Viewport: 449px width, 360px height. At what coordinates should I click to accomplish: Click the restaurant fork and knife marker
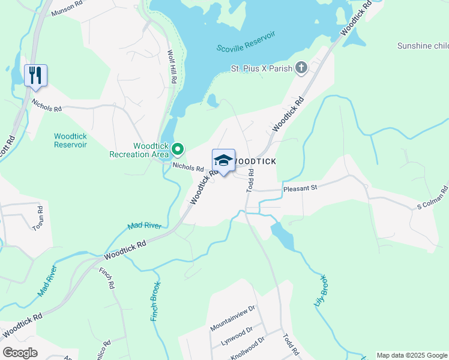point(35,75)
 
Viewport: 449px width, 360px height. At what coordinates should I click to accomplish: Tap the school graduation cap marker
point(223,160)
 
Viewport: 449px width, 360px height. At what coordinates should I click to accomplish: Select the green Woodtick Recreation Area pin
point(178,149)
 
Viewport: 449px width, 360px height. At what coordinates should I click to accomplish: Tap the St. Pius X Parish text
point(262,69)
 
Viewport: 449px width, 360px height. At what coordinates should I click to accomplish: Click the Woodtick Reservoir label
point(70,140)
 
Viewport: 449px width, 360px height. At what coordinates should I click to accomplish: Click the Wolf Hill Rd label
point(172,67)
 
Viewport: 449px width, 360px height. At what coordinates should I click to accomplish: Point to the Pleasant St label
point(301,188)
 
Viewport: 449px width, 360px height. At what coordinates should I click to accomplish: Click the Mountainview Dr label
point(233,318)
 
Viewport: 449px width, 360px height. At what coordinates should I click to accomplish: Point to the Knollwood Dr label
point(247,348)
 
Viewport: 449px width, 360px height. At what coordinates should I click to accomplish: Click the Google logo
point(20,353)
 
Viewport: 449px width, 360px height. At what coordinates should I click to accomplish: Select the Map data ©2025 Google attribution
point(411,355)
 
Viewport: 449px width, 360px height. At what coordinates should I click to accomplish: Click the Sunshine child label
point(423,46)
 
